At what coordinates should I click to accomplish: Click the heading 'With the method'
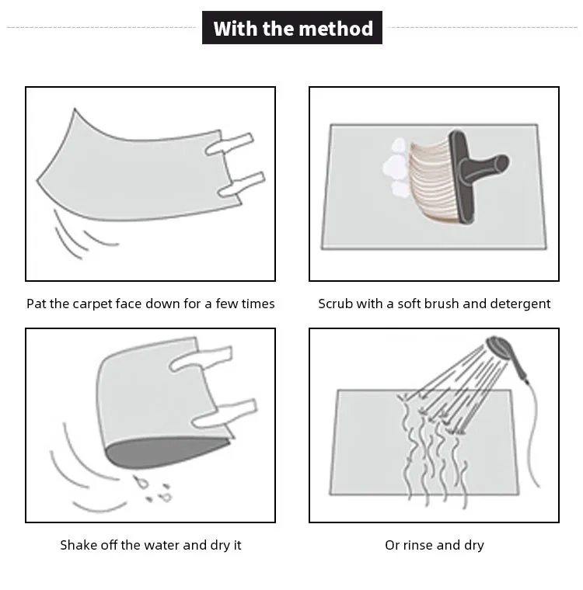(x=292, y=28)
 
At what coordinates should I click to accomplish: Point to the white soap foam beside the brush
(x=396, y=168)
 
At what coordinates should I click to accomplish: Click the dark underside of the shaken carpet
(x=166, y=452)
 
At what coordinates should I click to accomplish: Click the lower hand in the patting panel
(x=242, y=185)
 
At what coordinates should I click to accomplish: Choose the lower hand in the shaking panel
(x=225, y=413)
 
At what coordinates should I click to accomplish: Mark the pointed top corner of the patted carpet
(x=75, y=109)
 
